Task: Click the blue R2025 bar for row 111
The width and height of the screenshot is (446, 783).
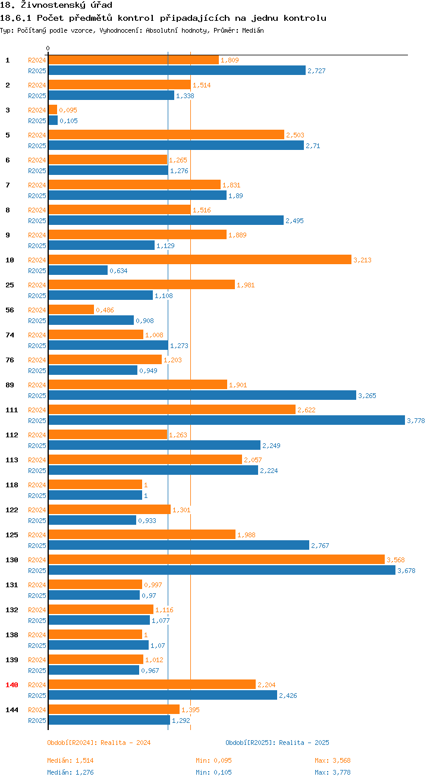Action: pyautogui.click(x=226, y=421)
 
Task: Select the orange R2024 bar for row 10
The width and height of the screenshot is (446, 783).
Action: pyautogui.click(x=199, y=260)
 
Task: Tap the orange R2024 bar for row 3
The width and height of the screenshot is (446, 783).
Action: pyautogui.click(x=52, y=110)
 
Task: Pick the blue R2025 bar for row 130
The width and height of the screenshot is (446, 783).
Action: pyautogui.click(x=221, y=571)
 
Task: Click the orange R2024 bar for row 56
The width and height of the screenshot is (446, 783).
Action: pyautogui.click(x=71, y=310)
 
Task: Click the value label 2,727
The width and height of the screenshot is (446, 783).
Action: pyautogui.click(x=316, y=71)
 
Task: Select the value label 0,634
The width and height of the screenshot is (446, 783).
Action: pyautogui.click(x=118, y=271)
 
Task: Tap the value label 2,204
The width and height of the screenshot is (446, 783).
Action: pyautogui.click(x=266, y=685)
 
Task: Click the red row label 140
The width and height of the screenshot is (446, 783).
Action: pyautogui.click(x=12, y=685)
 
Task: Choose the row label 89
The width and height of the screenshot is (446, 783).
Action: pyautogui.click(x=10, y=385)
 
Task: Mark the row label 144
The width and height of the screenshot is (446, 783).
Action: pyautogui.click(x=12, y=710)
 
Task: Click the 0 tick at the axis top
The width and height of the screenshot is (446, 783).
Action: pyautogui.click(x=48, y=48)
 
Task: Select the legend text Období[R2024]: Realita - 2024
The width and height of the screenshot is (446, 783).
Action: pyautogui.click(x=99, y=743)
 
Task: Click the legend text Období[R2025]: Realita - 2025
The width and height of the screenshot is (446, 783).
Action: pyautogui.click(x=277, y=743)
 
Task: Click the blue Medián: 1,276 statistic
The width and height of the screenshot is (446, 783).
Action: pyautogui.click(x=70, y=772)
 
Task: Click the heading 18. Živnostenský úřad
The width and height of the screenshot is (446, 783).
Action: pyautogui.click(x=56, y=5)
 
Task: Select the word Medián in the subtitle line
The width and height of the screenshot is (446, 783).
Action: pyautogui.click(x=253, y=30)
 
